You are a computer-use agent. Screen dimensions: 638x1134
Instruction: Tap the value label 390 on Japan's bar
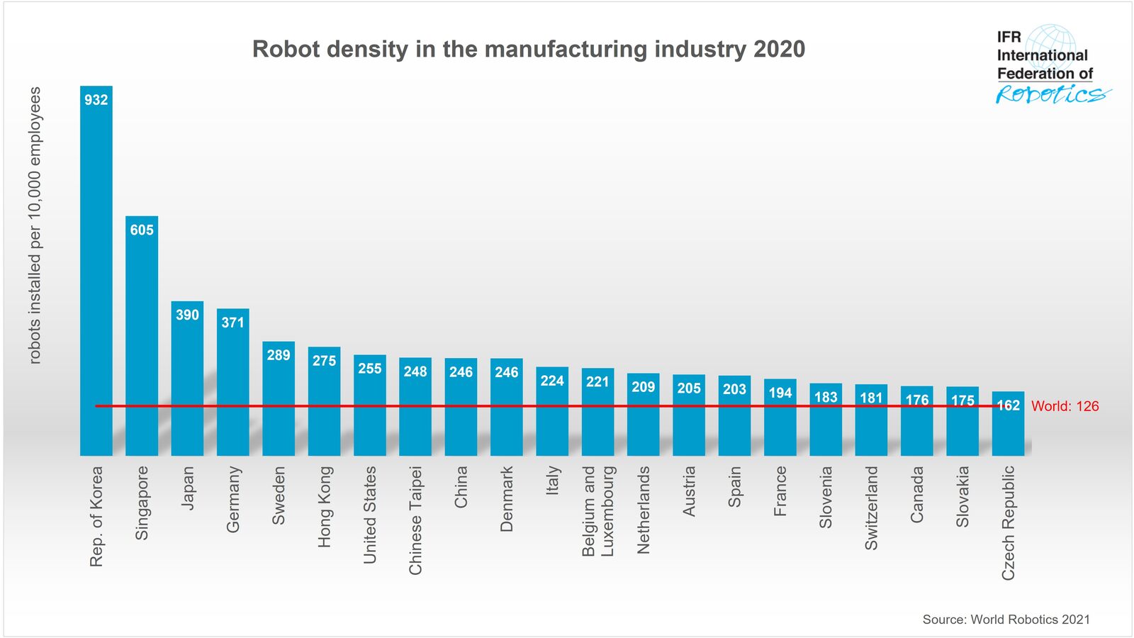[187, 315]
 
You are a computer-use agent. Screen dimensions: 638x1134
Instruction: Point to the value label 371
[232, 323]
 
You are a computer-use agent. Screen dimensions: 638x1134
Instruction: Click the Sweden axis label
[279, 495]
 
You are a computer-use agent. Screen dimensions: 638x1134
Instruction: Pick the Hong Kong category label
[324, 506]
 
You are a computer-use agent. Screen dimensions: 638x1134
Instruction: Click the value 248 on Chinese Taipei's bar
[415, 371]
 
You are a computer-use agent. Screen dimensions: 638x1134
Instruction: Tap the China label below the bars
[461, 487]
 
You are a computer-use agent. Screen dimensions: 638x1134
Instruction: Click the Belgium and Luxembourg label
[597, 510]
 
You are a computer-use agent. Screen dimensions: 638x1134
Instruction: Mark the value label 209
[643, 387]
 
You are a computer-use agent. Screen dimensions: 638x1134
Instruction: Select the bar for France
[780, 425]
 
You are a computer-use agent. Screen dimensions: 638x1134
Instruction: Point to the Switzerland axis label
[871, 508]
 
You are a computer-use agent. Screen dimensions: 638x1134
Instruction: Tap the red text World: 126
[1065, 406]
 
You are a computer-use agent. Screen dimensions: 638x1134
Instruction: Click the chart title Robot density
[528, 49]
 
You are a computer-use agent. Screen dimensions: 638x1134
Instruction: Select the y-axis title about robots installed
[35, 225]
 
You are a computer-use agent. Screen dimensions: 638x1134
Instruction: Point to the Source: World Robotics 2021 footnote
[1006, 619]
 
